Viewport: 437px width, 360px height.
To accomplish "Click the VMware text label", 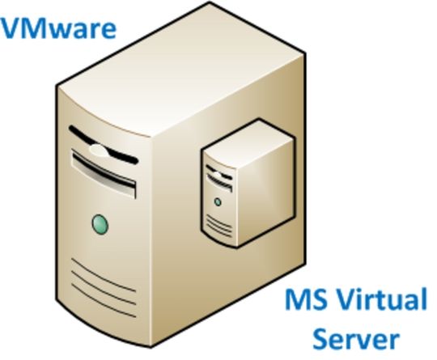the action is tap(58, 28).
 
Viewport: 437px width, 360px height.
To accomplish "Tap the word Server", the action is tap(356, 338).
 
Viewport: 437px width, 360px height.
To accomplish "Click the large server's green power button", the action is tap(100, 224).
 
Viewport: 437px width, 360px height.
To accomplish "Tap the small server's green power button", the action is tap(218, 201).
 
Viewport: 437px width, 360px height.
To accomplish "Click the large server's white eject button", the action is tap(99, 150).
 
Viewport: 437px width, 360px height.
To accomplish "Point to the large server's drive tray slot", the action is tap(104, 173).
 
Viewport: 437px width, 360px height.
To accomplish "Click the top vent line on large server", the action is tap(104, 275).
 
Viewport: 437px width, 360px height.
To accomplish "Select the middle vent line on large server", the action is tap(104, 288).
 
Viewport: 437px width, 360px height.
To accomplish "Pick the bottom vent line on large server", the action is tap(104, 301).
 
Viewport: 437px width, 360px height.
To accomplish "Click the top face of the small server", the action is tap(248, 143).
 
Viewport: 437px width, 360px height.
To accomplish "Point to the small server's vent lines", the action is tap(219, 227).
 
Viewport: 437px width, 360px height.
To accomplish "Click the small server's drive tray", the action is tap(219, 182).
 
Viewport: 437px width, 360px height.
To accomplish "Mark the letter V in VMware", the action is tap(12, 28).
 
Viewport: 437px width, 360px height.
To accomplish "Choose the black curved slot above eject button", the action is tap(104, 144).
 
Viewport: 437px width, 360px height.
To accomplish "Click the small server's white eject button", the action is tap(218, 175).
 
